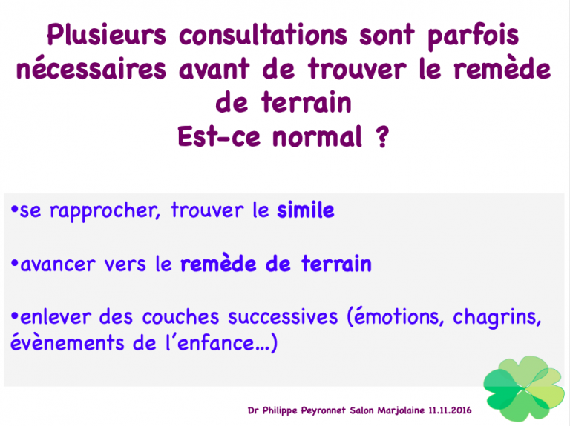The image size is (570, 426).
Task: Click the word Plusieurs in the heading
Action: pos(107,35)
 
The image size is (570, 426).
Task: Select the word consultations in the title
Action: pos(263,35)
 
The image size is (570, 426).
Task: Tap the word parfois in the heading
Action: pos(474,36)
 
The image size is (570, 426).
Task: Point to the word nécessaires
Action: pos(91,69)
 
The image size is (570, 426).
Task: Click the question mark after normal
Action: pos(382,136)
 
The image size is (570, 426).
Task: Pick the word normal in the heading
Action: pos(318,136)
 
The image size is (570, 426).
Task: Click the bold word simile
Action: pos(306,210)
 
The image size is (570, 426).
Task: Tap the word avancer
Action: pos(58,264)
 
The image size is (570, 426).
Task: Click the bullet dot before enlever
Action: pos(15,316)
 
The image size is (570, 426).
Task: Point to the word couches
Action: pos(180,317)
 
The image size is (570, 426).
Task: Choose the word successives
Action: pos(284,317)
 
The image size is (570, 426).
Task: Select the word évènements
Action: pos(68,343)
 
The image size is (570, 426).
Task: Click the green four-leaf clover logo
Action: pos(524,388)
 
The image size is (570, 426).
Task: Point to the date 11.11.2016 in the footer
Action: pos(450,410)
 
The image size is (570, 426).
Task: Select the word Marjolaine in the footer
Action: pos(401,410)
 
